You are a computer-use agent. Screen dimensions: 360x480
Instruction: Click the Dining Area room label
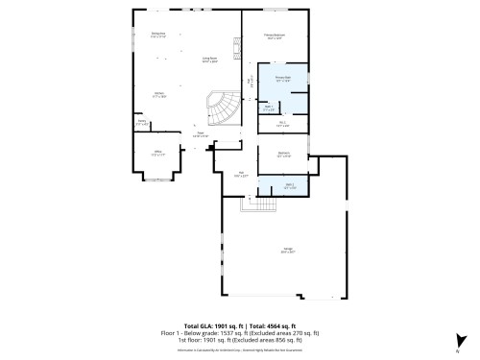tap(158, 35)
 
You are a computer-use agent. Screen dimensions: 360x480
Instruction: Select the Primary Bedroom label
tap(274, 37)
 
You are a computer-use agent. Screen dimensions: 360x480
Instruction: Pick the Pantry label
tap(142, 122)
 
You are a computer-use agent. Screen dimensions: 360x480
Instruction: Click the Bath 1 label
tap(270, 108)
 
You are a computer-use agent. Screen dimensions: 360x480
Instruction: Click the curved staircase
tap(223, 109)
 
